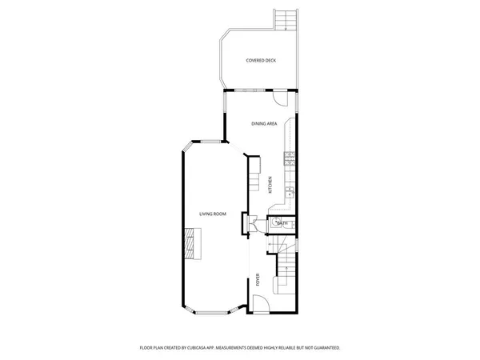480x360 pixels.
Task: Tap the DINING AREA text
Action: pyautogui.click(x=265, y=123)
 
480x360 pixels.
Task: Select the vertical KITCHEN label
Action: pyautogui.click(x=270, y=185)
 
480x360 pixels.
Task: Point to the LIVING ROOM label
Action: pyautogui.click(x=214, y=214)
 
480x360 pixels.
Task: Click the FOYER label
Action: pyautogui.click(x=258, y=280)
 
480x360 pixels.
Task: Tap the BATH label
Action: pyautogui.click(x=281, y=223)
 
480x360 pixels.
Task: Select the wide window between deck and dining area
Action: pyautogui.click(x=250, y=90)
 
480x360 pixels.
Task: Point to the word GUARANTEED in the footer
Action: pyautogui.click(x=325, y=348)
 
